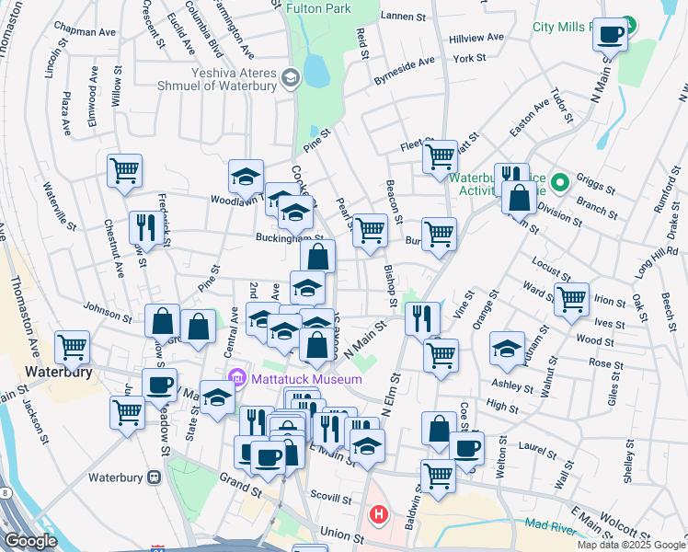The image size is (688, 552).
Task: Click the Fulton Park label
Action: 318,8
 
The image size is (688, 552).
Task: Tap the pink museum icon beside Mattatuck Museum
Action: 235,378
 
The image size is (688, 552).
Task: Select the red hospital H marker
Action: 378,514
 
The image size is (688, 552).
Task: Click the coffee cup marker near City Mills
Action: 610,36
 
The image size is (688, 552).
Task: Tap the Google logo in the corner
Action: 29,541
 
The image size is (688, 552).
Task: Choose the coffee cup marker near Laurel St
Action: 466,449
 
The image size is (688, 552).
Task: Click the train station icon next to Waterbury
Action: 154,477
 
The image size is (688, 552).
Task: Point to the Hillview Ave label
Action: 476,38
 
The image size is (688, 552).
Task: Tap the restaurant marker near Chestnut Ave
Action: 146,226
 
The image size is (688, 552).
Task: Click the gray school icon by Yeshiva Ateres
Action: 292,76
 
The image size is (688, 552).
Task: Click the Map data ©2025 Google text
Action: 631,545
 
